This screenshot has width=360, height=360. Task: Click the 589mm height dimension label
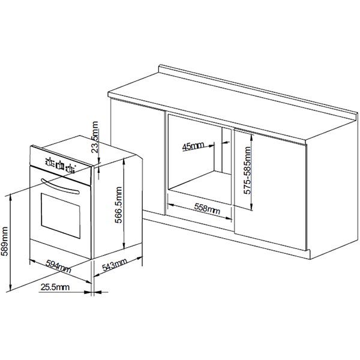coord(5,241)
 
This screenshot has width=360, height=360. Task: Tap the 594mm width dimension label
coord(58,266)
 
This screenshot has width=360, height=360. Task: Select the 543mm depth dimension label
coord(115,265)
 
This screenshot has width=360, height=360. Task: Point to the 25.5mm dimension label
coord(55,287)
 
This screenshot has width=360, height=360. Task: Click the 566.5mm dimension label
coord(118,205)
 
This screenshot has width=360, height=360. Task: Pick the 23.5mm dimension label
coord(95,137)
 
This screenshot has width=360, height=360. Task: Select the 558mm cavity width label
coord(207,208)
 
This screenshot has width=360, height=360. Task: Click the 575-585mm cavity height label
coord(247,170)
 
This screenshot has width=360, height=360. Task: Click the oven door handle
coord(60,187)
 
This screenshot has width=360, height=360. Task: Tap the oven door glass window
coord(61,216)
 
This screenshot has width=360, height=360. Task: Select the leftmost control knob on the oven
coord(49,163)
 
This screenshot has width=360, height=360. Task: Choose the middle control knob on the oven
coord(60,166)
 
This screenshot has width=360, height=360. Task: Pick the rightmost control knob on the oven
coord(70,169)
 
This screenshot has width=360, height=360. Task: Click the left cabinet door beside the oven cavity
coord(138,156)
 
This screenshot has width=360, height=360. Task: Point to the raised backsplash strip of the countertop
coord(258,90)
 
